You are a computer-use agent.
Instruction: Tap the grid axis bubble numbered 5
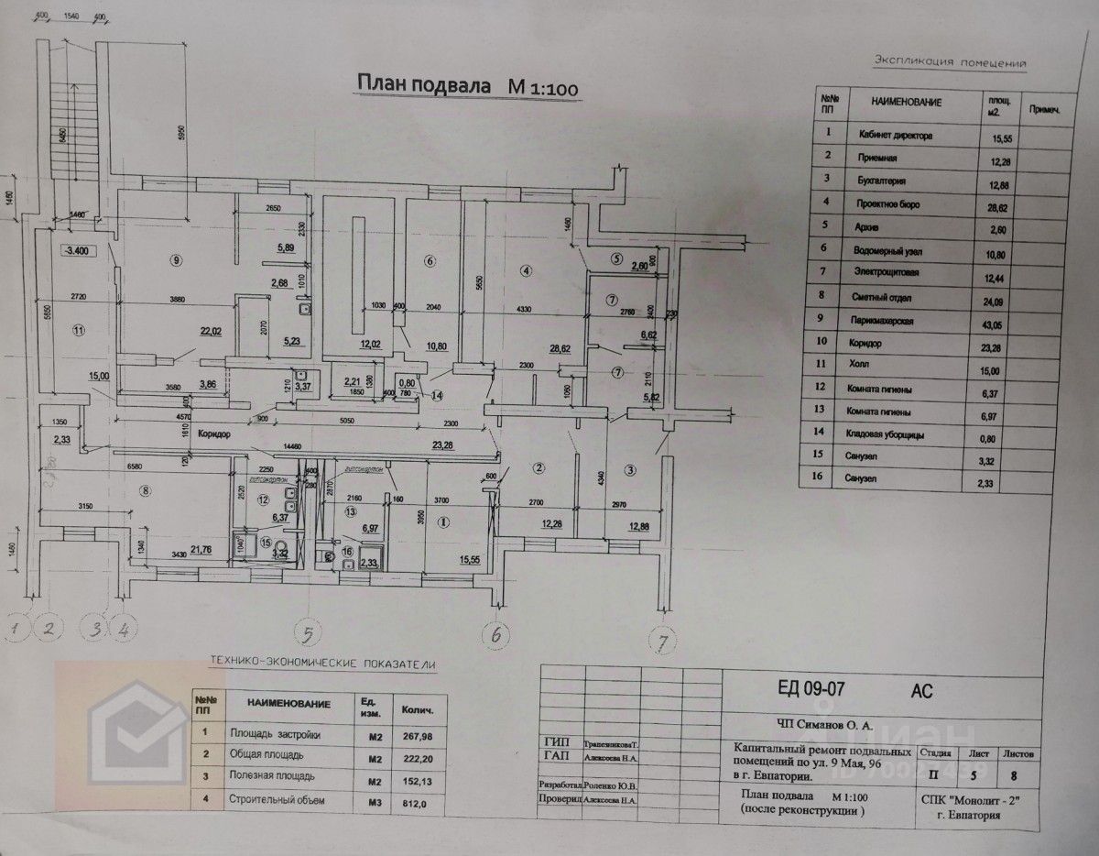310,632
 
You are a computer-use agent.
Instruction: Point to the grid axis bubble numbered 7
661,637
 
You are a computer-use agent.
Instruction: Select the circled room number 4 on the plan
526,270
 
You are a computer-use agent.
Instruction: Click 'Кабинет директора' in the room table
896,135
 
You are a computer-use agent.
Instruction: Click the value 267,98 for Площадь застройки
416,733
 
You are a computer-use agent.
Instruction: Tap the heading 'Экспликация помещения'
950,62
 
